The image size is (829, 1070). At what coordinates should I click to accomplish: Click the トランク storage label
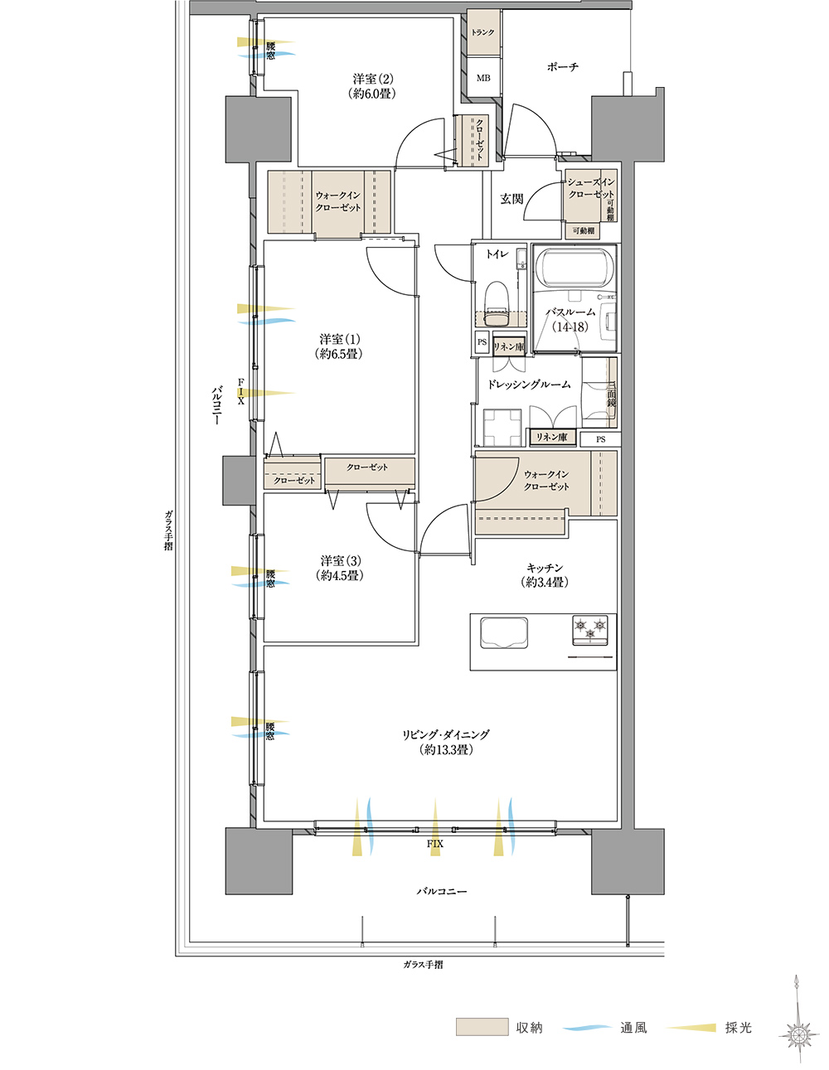tap(482, 32)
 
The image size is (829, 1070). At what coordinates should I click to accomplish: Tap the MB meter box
tap(483, 78)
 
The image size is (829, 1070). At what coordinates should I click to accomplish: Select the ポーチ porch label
tap(562, 66)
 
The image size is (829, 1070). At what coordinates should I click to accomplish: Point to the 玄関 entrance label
tap(511, 199)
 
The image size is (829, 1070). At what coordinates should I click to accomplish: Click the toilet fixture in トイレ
tap(496, 304)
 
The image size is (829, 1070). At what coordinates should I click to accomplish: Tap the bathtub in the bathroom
tap(574, 268)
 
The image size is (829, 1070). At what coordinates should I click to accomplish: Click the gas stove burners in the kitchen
tap(590, 630)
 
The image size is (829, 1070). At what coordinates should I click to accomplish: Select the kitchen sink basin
tap(503, 633)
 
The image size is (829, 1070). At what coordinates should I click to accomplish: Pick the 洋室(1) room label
tap(340, 346)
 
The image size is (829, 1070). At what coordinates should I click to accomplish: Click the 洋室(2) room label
tap(372, 85)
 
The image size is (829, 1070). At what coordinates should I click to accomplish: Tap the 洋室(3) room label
tap(340, 568)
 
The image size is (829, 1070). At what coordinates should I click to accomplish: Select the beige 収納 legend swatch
tap(482, 1027)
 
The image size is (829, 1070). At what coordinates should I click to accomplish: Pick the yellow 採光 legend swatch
tap(691, 1028)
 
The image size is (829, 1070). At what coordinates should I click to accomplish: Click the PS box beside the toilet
tap(482, 341)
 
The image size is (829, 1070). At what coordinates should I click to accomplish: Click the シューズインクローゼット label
tap(591, 188)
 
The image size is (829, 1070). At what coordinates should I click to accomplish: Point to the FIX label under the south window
tap(434, 844)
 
